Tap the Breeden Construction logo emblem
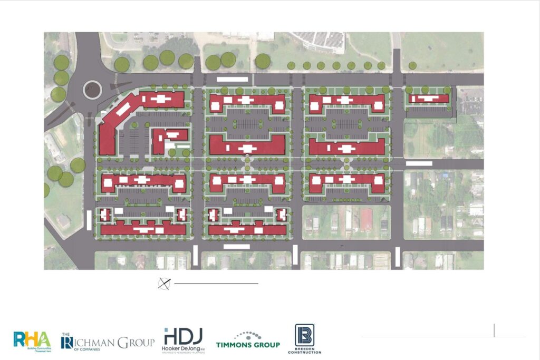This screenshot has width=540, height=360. click(x=304, y=335)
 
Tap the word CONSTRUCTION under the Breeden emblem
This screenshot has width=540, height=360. click(x=304, y=352)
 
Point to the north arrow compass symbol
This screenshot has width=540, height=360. click(x=164, y=284)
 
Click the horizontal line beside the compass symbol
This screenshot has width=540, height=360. click(x=216, y=284)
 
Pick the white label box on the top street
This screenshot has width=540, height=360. click(x=233, y=79)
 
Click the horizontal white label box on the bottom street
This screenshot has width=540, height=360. click(x=236, y=246)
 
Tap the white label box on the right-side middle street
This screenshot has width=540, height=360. click(x=419, y=164)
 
